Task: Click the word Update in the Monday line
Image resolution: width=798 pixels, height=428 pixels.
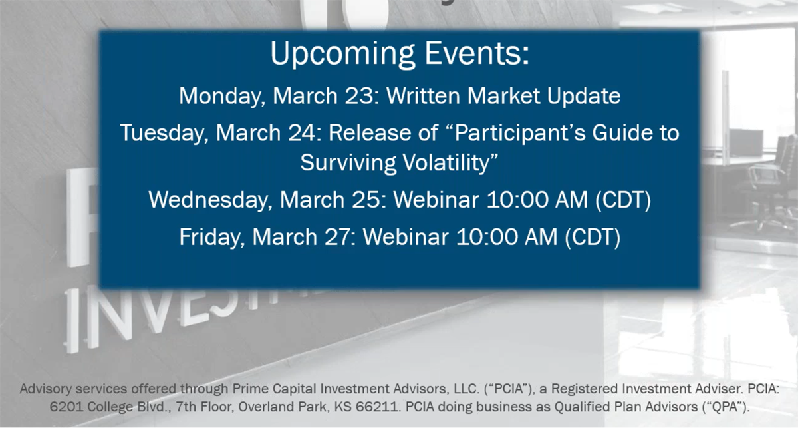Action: click(x=584, y=97)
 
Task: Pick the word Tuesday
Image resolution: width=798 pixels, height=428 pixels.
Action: click(x=164, y=133)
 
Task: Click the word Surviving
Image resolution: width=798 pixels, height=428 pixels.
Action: click(x=348, y=163)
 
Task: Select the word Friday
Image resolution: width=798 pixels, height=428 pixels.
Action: click(x=212, y=237)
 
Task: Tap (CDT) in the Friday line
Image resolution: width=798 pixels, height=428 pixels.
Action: click(x=593, y=237)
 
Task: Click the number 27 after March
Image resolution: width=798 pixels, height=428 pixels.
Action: click(x=338, y=237)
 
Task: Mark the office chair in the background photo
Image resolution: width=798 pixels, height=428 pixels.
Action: click(x=769, y=186)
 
